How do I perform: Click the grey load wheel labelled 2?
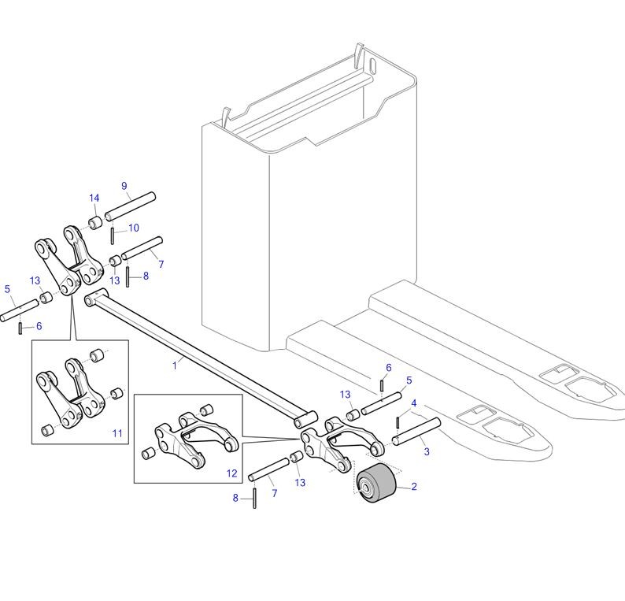pos(376,483)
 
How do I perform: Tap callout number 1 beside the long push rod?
pos(174,365)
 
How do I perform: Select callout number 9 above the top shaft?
pos(124,186)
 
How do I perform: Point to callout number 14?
pos(94,198)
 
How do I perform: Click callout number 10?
pos(134,228)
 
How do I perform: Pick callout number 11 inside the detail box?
pos(117,433)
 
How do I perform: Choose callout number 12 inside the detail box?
pos(232,473)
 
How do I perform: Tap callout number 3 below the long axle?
pos(427,451)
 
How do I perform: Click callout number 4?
pos(414,403)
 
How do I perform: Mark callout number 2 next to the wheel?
pos(414,486)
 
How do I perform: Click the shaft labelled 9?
pos(130,206)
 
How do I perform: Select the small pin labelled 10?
pos(113,236)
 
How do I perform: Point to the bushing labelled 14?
pos(95,223)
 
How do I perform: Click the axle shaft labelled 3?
pos(416,432)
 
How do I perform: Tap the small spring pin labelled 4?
pos(398,422)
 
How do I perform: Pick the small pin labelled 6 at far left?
pos(20,328)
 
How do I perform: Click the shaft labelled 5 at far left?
pos(19,310)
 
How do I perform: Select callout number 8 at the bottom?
pos(235,498)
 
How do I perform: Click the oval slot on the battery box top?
pos(372,65)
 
